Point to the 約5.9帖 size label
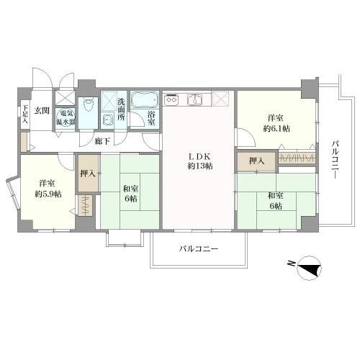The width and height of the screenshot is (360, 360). [50, 193]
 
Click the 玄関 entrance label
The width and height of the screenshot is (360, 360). [41, 111]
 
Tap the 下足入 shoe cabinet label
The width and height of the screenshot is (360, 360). [24, 114]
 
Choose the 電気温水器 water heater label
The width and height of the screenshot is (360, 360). [66, 117]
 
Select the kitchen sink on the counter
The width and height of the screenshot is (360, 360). [194, 100]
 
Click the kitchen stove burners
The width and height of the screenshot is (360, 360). [171, 100]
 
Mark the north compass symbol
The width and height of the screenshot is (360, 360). [308, 267]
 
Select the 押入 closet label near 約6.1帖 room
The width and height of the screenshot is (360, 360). [255, 160]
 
